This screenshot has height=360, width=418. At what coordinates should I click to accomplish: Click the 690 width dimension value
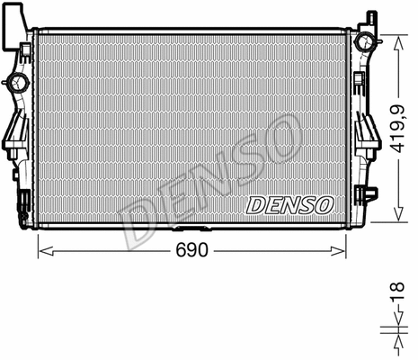coord(191,249)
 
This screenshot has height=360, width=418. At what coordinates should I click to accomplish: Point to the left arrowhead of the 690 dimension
coord(41,249)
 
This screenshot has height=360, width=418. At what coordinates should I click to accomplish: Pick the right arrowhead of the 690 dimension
coord(342,249)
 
